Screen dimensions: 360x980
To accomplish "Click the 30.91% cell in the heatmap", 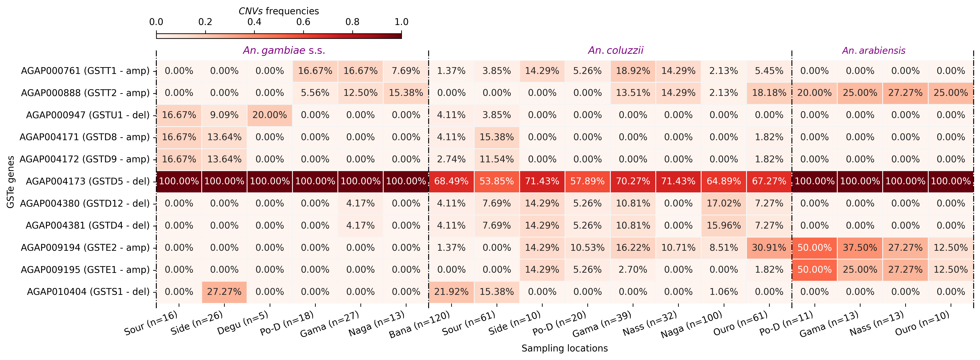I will click(x=769, y=248).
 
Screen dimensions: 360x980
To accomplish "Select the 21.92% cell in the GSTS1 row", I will click(x=451, y=292).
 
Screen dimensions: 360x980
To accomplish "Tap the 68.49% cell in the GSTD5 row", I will click(x=451, y=181).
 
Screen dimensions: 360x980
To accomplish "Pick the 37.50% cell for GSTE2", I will click(x=860, y=248).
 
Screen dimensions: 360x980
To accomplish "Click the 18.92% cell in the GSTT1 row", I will click(x=633, y=71).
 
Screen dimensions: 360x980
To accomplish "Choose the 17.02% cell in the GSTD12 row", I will click(x=723, y=204).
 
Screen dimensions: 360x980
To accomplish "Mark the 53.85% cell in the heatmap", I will click(x=496, y=181).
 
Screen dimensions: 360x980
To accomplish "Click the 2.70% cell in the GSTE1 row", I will click(x=633, y=270).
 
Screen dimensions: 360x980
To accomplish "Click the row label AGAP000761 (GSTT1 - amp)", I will click(x=85, y=71).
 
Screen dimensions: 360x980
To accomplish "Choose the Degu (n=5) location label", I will click(x=243, y=323).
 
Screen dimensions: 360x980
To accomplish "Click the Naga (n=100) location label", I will click(x=691, y=325).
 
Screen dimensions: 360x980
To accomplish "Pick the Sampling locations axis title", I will click(x=565, y=348).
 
